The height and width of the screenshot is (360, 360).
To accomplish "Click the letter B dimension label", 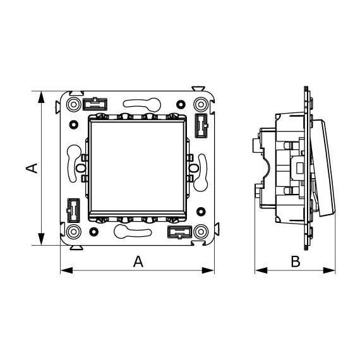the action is point(295,261).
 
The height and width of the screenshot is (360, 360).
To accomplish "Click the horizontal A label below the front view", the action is point(138,261).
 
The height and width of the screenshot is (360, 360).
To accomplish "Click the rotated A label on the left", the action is point(32,168).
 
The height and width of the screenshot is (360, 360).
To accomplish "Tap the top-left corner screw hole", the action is point(73,104).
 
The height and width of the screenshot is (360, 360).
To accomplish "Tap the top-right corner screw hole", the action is point(201,104).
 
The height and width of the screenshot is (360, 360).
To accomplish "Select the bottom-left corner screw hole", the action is point(73,232).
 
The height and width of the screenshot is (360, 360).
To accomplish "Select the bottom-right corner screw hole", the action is point(201,232).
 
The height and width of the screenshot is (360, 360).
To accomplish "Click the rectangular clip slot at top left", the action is point(95,104).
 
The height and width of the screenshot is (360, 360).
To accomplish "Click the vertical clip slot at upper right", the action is point(201,126).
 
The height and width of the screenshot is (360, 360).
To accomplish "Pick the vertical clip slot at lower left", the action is point(73,210).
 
